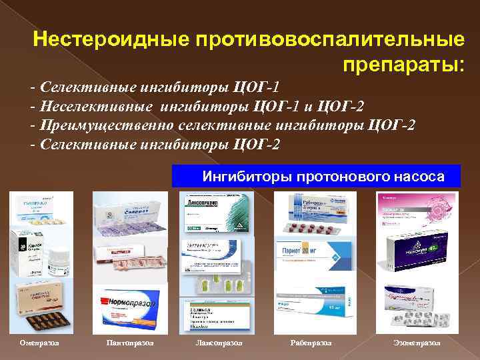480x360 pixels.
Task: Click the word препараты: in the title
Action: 403,64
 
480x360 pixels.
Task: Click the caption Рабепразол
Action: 311,342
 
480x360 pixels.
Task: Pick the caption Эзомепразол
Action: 417,342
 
